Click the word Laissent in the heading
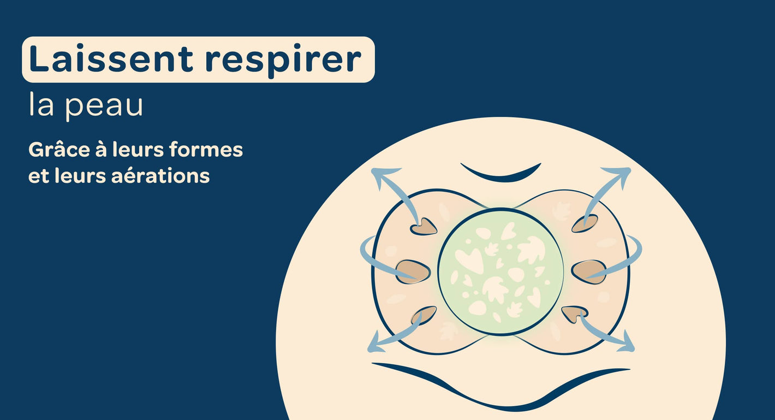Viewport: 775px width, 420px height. pos(111,58)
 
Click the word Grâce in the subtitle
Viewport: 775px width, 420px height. pos(59,150)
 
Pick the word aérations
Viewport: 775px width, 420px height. pos(160,175)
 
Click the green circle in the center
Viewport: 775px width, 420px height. pos(500,272)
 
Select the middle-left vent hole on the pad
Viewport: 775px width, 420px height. pos(413,272)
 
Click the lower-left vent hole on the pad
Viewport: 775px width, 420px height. pos(424,315)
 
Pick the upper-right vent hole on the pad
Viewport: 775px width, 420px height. pos(585,223)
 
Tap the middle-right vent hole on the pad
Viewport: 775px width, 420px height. pos(589,272)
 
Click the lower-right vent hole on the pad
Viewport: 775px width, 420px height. pos(574,313)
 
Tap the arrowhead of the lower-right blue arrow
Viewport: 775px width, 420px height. pos(625,343)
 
